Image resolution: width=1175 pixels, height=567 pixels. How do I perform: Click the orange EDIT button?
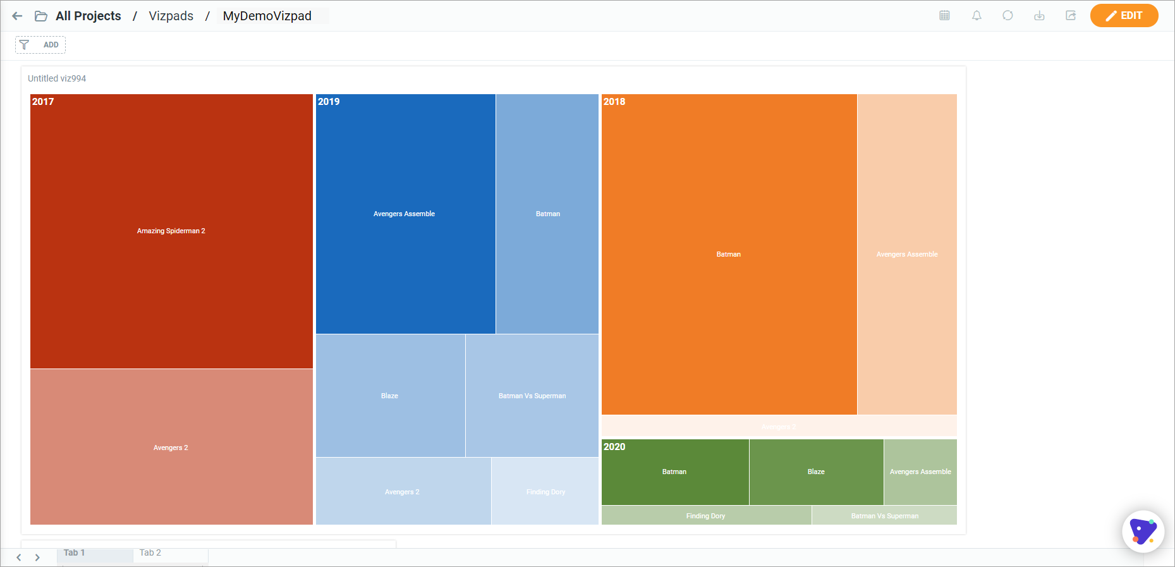tap(1124, 16)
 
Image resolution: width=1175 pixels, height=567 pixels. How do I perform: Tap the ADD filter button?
tap(40, 45)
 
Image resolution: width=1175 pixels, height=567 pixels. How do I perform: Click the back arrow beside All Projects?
tap(17, 16)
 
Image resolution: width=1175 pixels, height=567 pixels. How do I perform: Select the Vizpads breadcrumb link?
tap(171, 16)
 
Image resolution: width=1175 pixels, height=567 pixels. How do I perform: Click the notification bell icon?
tap(977, 16)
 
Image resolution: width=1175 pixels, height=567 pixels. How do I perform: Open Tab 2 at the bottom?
tap(150, 552)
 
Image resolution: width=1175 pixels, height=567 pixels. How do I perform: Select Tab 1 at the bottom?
tap(74, 552)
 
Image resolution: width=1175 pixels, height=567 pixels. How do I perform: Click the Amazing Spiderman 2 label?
tap(171, 231)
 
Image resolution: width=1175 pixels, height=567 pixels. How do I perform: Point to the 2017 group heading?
tap(43, 102)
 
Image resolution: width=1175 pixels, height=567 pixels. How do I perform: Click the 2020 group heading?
tap(614, 447)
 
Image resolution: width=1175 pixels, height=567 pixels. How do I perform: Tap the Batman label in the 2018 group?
tap(728, 254)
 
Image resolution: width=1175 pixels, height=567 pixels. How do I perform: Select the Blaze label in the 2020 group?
tap(816, 472)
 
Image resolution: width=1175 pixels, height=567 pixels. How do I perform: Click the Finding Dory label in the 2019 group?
tap(545, 492)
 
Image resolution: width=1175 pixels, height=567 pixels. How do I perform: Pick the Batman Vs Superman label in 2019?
tap(532, 396)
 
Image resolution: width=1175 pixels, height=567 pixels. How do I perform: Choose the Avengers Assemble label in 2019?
tap(404, 214)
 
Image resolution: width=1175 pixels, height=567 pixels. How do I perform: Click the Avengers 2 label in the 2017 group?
tap(171, 448)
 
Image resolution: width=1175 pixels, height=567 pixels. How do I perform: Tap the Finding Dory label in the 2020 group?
tap(705, 516)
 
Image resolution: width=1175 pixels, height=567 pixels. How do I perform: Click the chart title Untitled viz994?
tap(57, 78)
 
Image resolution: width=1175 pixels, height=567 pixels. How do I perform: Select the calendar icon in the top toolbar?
tap(944, 16)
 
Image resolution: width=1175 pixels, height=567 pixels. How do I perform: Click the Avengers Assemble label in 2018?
tap(907, 254)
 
